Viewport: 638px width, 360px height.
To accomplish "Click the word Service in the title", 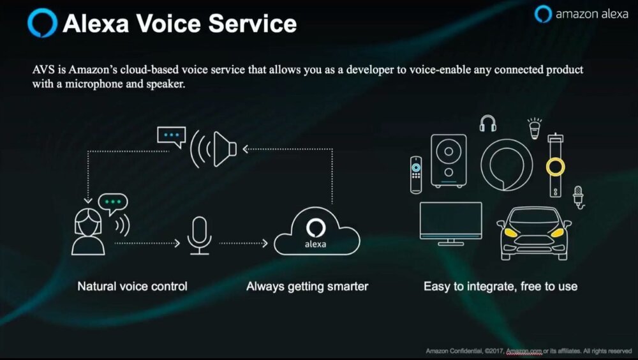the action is point(253,23).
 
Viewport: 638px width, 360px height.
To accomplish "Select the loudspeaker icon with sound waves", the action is point(213,149).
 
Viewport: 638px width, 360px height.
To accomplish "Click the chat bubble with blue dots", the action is point(171,137).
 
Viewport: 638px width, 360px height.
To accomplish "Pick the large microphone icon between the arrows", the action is point(199,236).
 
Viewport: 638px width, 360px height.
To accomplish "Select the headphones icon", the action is point(488,123).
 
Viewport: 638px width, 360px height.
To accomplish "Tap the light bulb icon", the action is point(534,128).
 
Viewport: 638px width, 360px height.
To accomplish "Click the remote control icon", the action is point(416,175).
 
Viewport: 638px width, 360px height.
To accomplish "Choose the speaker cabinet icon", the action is point(449,161).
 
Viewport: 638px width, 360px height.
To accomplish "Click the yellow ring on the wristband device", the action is point(556,167).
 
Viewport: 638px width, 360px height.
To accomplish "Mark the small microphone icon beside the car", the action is point(578,197).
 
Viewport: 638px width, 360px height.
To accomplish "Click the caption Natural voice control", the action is point(132,287).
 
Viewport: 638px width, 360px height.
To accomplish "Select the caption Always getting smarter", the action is point(308,287).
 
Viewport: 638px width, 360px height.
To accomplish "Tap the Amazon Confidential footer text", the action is point(528,350).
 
